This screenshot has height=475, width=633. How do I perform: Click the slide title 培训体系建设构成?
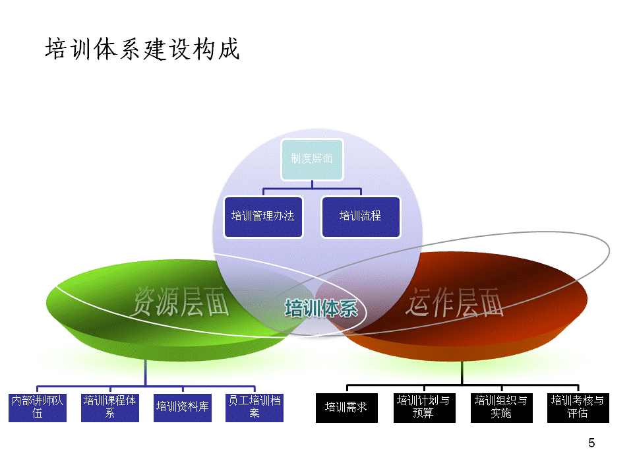[142, 50]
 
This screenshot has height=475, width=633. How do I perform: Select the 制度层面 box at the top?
[312, 159]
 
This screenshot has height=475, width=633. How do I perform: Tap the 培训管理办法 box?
[263, 216]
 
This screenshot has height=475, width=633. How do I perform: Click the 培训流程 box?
[361, 216]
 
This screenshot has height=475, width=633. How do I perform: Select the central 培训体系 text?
[321, 308]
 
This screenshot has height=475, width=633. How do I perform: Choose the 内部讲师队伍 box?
[38, 408]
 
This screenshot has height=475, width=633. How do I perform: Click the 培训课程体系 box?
[110, 408]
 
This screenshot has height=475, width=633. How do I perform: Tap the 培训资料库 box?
[183, 408]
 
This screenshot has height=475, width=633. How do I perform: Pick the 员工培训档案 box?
[255, 408]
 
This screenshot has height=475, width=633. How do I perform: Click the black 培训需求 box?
[346, 408]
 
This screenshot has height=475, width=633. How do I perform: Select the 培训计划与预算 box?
[423, 408]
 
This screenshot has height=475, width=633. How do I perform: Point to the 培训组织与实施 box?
[501, 408]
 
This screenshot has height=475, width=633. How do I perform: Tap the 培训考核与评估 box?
[578, 408]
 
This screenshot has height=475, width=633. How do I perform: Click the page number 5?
[591, 443]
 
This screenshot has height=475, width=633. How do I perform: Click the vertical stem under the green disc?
[146, 373]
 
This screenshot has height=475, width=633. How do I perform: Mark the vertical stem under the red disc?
[462, 373]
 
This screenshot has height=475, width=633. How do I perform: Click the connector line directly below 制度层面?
[312, 185]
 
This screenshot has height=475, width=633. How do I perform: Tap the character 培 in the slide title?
[56, 50]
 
